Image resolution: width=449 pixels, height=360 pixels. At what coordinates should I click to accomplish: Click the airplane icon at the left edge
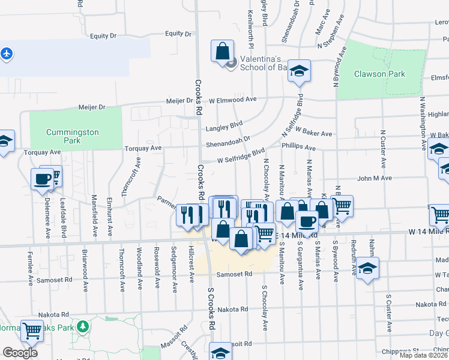(x=7, y=53)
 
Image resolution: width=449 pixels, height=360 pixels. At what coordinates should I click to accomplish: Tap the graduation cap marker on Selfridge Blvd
(x=298, y=71)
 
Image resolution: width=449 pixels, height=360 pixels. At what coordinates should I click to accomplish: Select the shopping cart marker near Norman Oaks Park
(x=32, y=330)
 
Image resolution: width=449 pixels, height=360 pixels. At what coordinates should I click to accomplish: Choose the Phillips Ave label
(x=298, y=147)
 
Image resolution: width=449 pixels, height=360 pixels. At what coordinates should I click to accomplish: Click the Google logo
(x=20, y=353)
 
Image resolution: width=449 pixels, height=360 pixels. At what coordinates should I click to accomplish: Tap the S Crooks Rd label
(x=211, y=308)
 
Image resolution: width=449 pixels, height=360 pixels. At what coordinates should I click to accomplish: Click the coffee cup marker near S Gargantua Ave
(x=306, y=221)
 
